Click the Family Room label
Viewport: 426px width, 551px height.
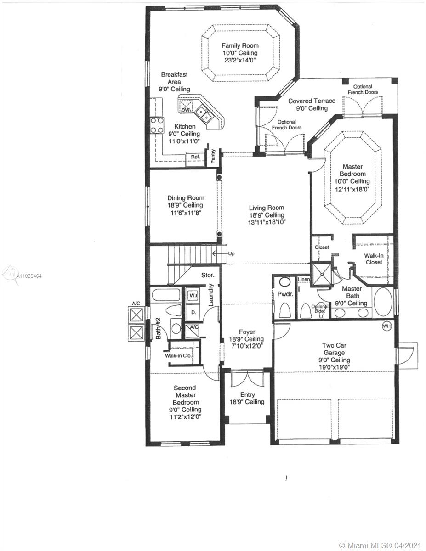[x=240, y=45]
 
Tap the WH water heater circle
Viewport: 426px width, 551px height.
[x=386, y=326]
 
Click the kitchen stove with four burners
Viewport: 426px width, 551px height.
[x=157, y=125]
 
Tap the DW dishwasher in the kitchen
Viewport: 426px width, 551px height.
[x=186, y=107]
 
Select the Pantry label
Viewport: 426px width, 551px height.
[x=213, y=156]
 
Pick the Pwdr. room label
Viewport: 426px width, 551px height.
[x=285, y=294]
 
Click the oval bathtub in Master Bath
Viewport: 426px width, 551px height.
[x=383, y=302]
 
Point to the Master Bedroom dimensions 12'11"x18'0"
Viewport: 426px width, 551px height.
[x=352, y=189]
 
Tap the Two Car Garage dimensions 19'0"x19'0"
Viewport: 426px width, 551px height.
[x=334, y=367]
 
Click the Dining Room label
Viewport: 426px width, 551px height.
[x=186, y=198]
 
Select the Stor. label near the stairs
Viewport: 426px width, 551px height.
[x=208, y=275]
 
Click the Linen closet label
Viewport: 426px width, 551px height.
[x=304, y=279]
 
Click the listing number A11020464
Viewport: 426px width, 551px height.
[x=28, y=276]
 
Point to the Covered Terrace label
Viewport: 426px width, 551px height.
[x=312, y=101]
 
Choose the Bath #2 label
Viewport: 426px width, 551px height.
[x=158, y=328]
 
